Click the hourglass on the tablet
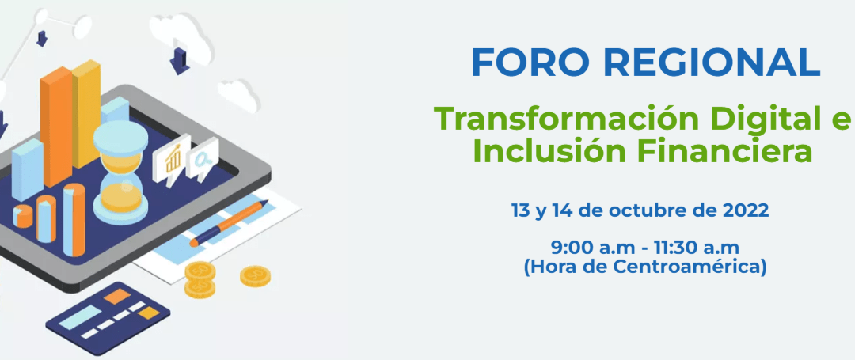(x=120, y=170)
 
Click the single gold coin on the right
(x=255, y=276)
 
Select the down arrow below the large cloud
(x=180, y=58)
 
